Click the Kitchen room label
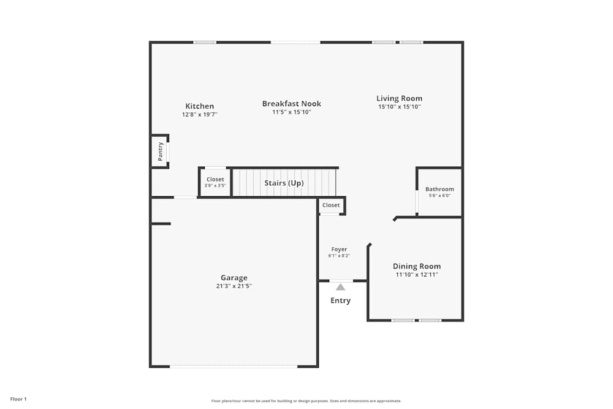coord(200,106)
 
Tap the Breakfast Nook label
coord(292,104)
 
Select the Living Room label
coord(399,98)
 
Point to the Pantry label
coord(161,151)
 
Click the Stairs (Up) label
coord(284,183)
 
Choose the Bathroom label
coord(440,189)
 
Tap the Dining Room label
coord(417,266)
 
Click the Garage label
coord(234,278)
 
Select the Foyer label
coord(339,250)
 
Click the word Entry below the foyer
coord(340,300)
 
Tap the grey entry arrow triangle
coord(340,286)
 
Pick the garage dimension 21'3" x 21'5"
coord(234,286)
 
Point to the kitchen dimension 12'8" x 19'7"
coord(200,115)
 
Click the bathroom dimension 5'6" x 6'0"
coord(440,196)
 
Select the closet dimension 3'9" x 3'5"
coord(215,185)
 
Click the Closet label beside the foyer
coord(331,205)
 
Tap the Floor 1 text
coord(18,399)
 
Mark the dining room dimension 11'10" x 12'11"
coord(417,275)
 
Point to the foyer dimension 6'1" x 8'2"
coord(339,256)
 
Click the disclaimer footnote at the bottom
coord(306,401)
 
